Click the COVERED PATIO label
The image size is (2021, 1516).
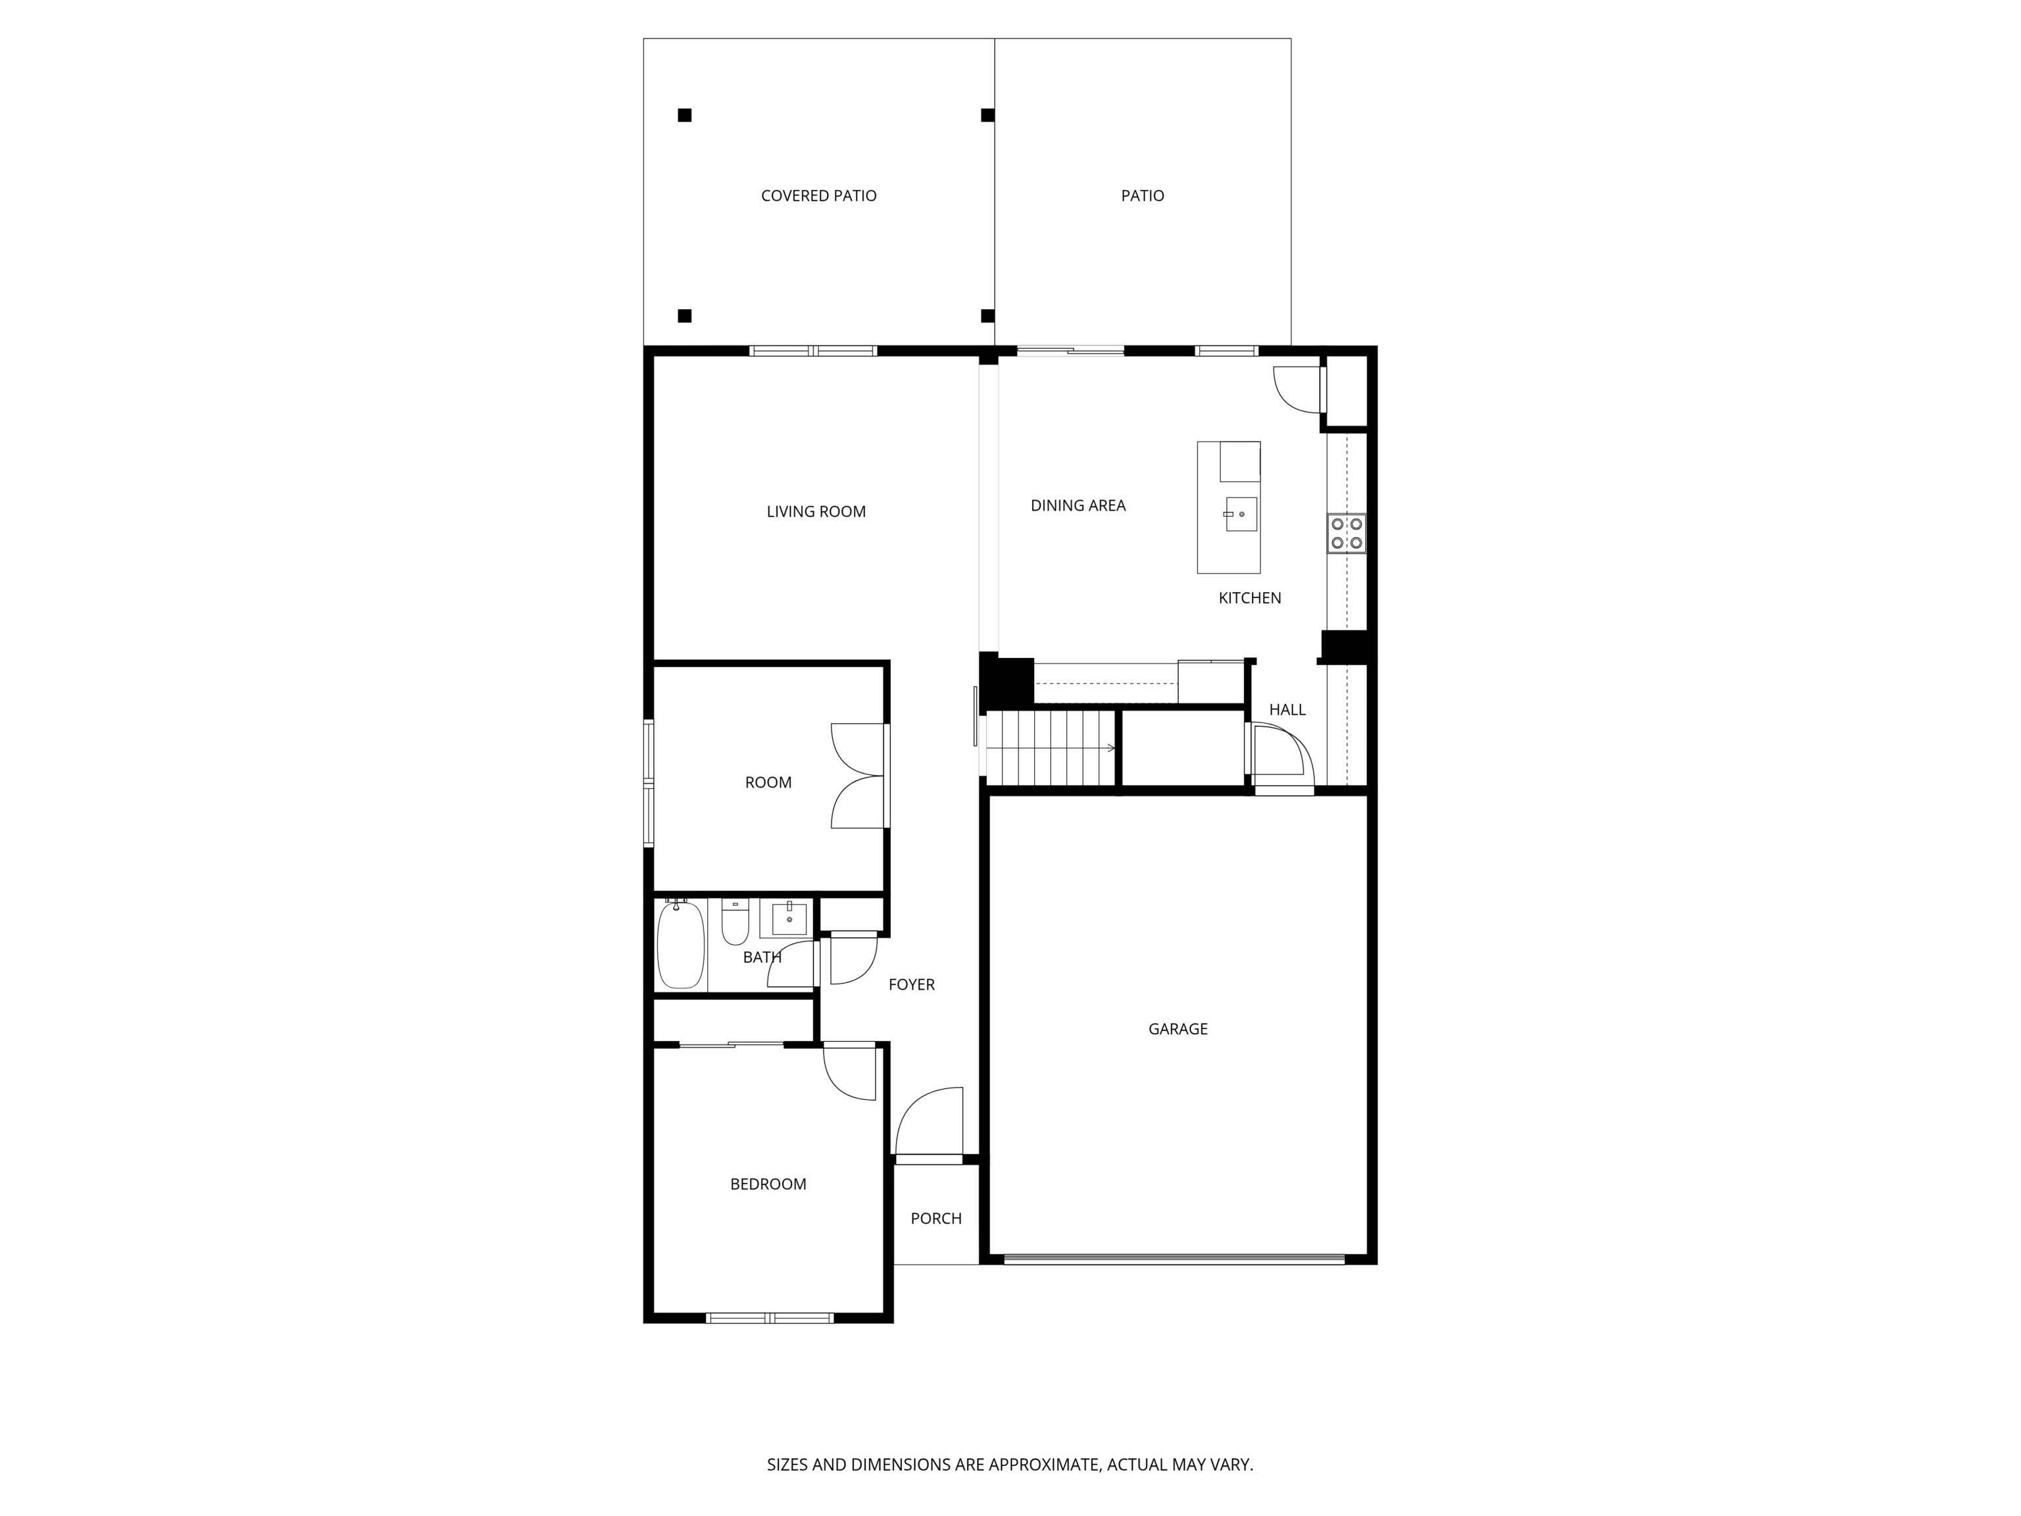point(818,195)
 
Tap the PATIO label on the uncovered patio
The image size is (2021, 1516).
point(1142,195)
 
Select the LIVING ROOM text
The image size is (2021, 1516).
point(816,512)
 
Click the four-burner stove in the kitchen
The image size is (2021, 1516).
point(1346,534)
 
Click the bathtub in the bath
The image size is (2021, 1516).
point(681,945)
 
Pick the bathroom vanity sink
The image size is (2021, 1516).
point(789,919)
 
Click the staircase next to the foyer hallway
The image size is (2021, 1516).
point(1051,747)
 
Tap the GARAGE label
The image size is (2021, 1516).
point(1178,1029)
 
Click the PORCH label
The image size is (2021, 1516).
point(936,1218)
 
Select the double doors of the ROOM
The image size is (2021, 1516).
point(859,776)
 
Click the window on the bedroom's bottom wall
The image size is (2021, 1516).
point(769,1318)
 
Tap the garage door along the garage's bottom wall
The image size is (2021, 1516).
point(1174,1259)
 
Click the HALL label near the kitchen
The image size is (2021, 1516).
point(1286,710)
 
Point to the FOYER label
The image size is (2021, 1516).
point(911,985)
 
